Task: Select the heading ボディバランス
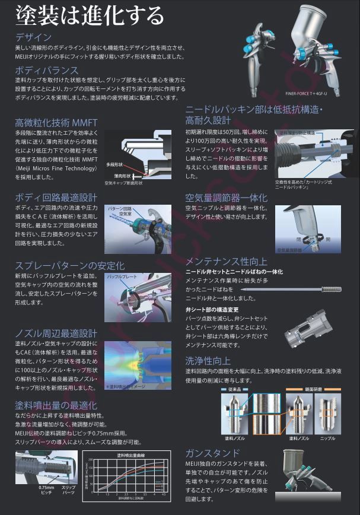46,71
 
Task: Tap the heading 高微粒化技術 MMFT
56,123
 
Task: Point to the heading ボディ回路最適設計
56,197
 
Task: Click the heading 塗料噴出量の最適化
56,406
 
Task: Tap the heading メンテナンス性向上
226,261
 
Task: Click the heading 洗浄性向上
208,360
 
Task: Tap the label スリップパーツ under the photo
69,491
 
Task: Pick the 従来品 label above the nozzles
232,389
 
